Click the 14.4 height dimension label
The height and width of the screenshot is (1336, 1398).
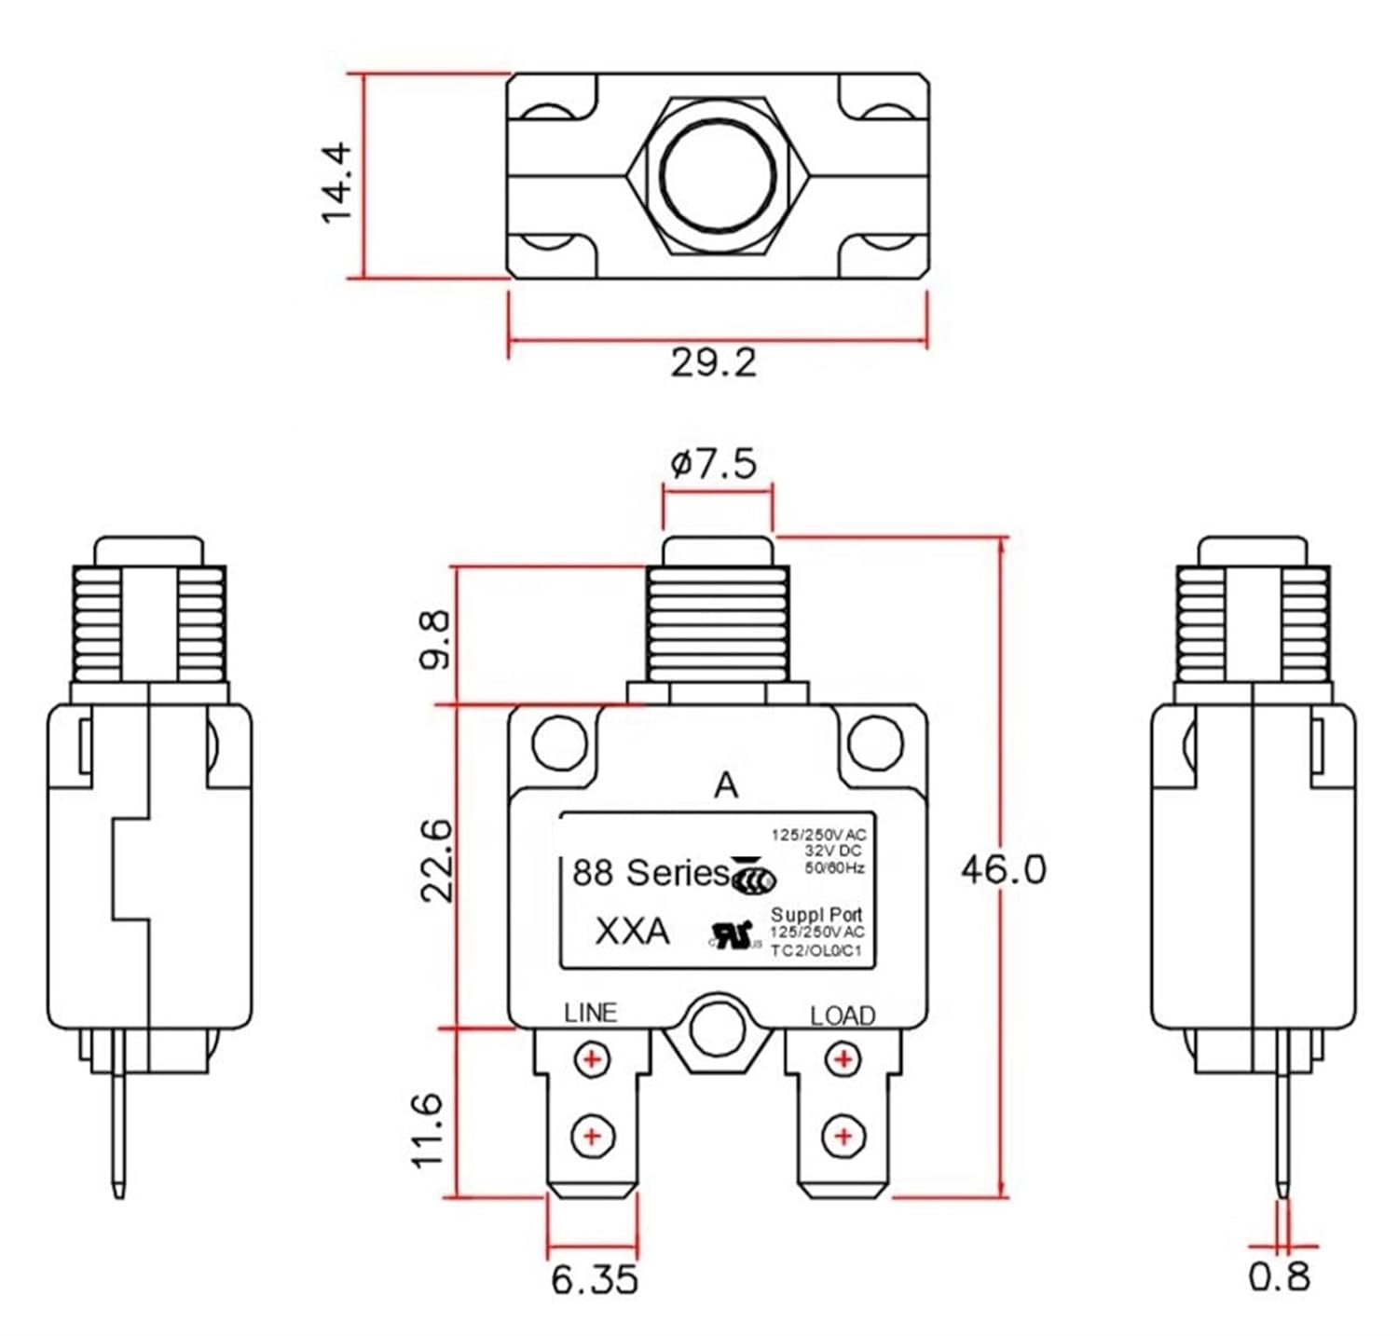(x=336, y=182)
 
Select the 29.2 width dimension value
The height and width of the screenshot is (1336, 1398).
(x=714, y=362)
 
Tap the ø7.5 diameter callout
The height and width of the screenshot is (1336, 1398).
(x=714, y=463)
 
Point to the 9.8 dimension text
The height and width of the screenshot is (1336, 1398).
(x=435, y=639)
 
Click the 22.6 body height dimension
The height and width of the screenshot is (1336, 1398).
(x=435, y=861)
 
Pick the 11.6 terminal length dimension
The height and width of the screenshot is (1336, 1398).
(x=427, y=1130)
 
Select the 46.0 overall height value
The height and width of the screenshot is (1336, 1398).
(x=1003, y=869)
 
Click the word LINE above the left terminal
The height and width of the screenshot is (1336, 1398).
(x=590, y=1013)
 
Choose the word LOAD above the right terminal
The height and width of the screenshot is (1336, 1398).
(x=843, y=1016)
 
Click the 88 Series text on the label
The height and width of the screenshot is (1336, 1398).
(x=650, y=873)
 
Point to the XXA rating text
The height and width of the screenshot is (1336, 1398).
(x=632, y=931)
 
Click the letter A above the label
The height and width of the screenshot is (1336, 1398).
(x=725, y=786)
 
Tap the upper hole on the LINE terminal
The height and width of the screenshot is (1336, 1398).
(x=591, y=1059)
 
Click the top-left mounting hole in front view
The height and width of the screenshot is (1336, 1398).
(x=559, y=743)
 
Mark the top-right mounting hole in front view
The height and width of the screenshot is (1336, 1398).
(x=876, y=743)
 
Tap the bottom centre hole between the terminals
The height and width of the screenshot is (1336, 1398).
(x=718, y=1030)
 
